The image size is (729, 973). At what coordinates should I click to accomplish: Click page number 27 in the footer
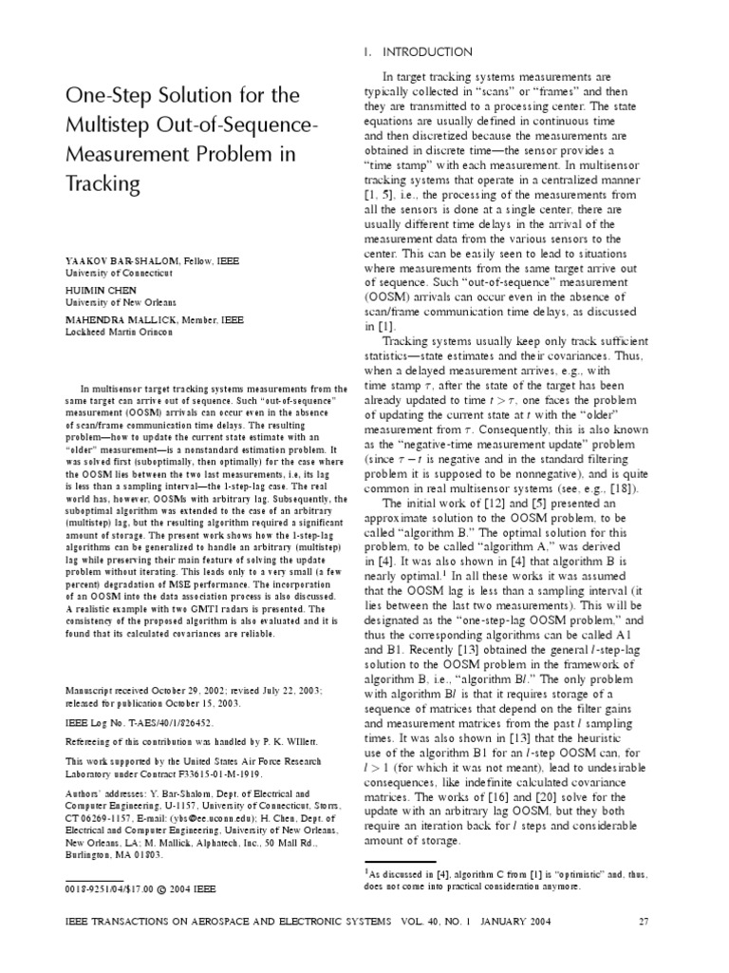644,921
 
